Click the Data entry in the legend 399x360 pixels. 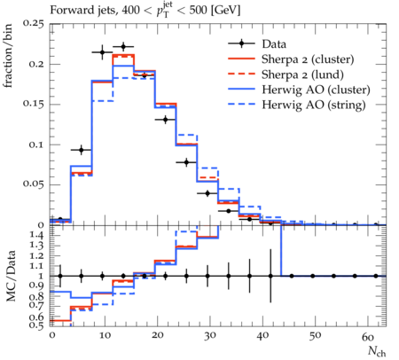click(274, 44)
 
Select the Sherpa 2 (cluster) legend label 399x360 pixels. click(308, 59)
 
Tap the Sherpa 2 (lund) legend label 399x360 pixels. click(302, 74)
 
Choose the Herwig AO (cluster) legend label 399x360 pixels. click(316, 90)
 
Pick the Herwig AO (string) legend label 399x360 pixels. click(314, 105)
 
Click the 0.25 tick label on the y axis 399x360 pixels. click(33, 24)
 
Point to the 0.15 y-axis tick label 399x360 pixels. click(33, 105)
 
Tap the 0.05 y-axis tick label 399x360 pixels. click(33, 184)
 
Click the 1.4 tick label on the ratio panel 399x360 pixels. click(36, 236)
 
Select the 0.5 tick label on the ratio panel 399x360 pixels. click(36, 325)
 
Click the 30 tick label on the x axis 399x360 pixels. click(209, 336)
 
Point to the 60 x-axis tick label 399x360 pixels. click(368, 337)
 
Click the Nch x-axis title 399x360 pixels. click(377, 351)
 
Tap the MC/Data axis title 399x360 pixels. click(11, 276)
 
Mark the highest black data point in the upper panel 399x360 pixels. click(123, 47)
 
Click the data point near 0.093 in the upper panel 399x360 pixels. click(82, 150)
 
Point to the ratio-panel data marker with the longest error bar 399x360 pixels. click(270, 276)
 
